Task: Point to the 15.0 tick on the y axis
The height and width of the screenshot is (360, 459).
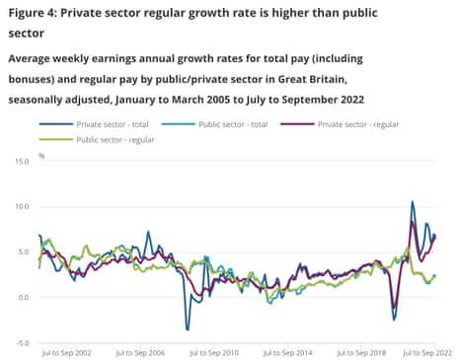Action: [x=20, y=160]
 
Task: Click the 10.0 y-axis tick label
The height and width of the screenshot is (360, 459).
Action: [x=20, y=206]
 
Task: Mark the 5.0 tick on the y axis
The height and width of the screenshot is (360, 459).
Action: [x=22, y=252]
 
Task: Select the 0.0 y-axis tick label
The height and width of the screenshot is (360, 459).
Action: [x=22, y=298]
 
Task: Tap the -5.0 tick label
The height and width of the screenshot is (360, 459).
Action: [x=21, y=343]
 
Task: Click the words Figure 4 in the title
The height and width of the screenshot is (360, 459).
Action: [x=37, y=12]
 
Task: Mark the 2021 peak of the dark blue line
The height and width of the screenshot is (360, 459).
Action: [x=413, y=202]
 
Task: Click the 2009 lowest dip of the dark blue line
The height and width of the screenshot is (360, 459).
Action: [x=187, y=329]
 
